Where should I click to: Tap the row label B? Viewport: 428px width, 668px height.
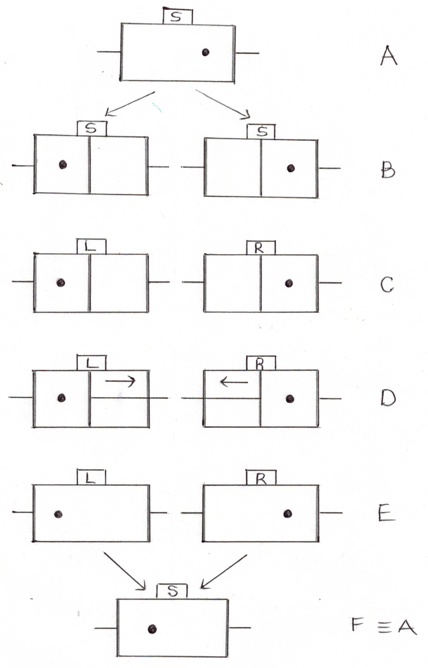388,170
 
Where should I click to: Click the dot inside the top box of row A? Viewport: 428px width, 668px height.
205,52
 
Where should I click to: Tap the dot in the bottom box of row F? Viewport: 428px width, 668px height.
152,629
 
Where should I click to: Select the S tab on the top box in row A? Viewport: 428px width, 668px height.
177,17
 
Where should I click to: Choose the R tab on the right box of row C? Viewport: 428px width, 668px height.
261,248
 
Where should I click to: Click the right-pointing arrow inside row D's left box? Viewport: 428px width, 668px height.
120,381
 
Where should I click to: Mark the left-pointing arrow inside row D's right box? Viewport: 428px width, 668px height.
234,382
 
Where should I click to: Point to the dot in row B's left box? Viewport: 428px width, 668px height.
63,165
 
